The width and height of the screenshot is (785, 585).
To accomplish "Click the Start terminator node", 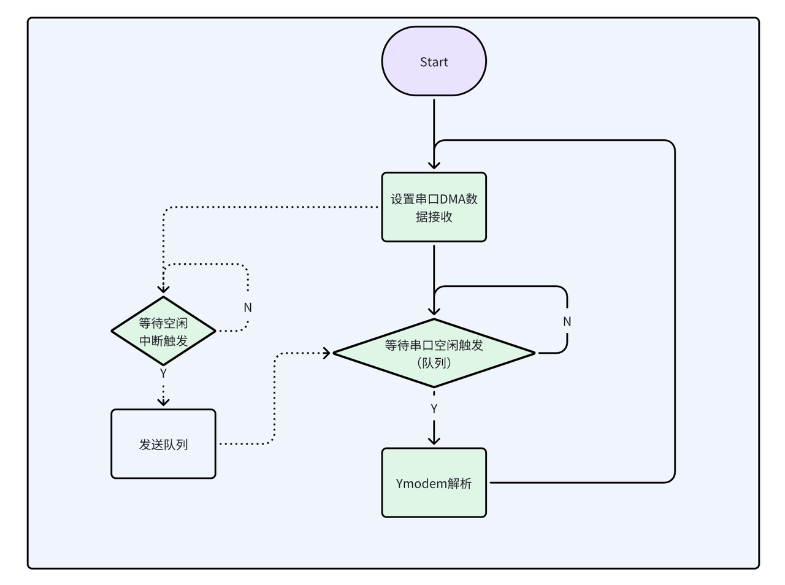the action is (434, 61).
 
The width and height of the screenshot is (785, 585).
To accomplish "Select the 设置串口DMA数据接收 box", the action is (434, 207).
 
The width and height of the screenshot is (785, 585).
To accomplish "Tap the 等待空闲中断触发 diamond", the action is (163, 331).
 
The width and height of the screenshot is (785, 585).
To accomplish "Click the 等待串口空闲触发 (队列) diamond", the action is (434, 353).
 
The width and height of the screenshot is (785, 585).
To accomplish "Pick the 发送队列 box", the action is (163, 444).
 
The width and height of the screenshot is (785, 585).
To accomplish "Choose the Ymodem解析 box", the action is (434, 483).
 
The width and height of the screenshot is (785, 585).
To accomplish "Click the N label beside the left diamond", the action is (248, 307).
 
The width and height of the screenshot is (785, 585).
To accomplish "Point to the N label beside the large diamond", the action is (567, 321).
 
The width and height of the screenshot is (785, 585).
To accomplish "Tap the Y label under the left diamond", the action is (163, 373).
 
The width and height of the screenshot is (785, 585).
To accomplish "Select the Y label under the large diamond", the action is (434, 408).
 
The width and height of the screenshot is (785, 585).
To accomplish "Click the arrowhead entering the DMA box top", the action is (434, 165).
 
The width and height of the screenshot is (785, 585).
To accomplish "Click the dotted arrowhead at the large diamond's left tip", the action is (326, 353).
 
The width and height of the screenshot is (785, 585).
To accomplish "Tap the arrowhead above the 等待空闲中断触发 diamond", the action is (163, 289).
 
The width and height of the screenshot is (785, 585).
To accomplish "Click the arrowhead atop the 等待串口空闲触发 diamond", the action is (434, 311).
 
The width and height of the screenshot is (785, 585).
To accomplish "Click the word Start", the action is (434, 62).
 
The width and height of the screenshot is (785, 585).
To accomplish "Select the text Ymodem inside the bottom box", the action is (421, 483).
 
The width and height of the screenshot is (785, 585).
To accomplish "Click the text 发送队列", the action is (163, 445).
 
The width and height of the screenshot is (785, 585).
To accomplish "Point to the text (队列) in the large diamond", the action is (434, 363).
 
